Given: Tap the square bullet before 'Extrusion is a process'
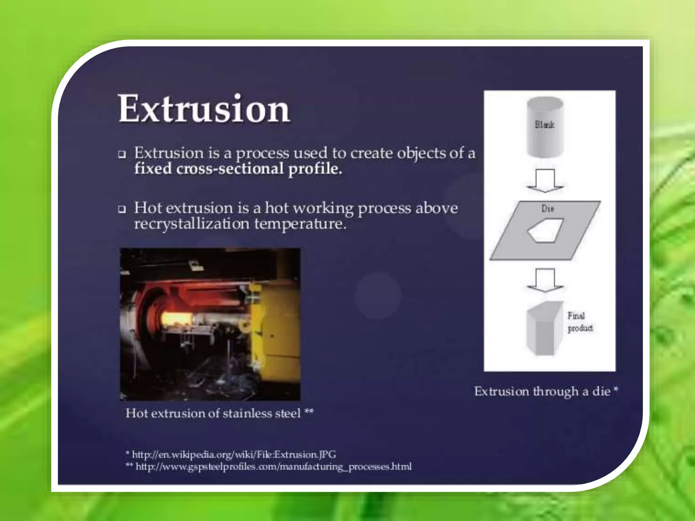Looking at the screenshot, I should click(x=122, y=155).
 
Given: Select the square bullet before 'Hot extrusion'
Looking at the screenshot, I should click(x=122, y=209).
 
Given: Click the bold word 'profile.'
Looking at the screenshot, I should click(x=315, y=169).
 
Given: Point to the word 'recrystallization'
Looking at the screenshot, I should click(x=191, y=224).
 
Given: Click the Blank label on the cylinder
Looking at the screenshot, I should click(x=544, y=125).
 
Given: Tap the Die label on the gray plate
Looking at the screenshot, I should click(x=548, y=209).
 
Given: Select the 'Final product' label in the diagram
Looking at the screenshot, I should click(x=580, y=322).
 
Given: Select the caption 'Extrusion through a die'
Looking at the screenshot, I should click(x=546, y=391).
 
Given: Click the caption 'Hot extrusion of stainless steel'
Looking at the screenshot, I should click(x=219, y=413).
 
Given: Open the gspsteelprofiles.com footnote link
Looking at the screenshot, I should click(x=273, y=467).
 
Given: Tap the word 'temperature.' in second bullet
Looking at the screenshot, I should click(x=300, y=224).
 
